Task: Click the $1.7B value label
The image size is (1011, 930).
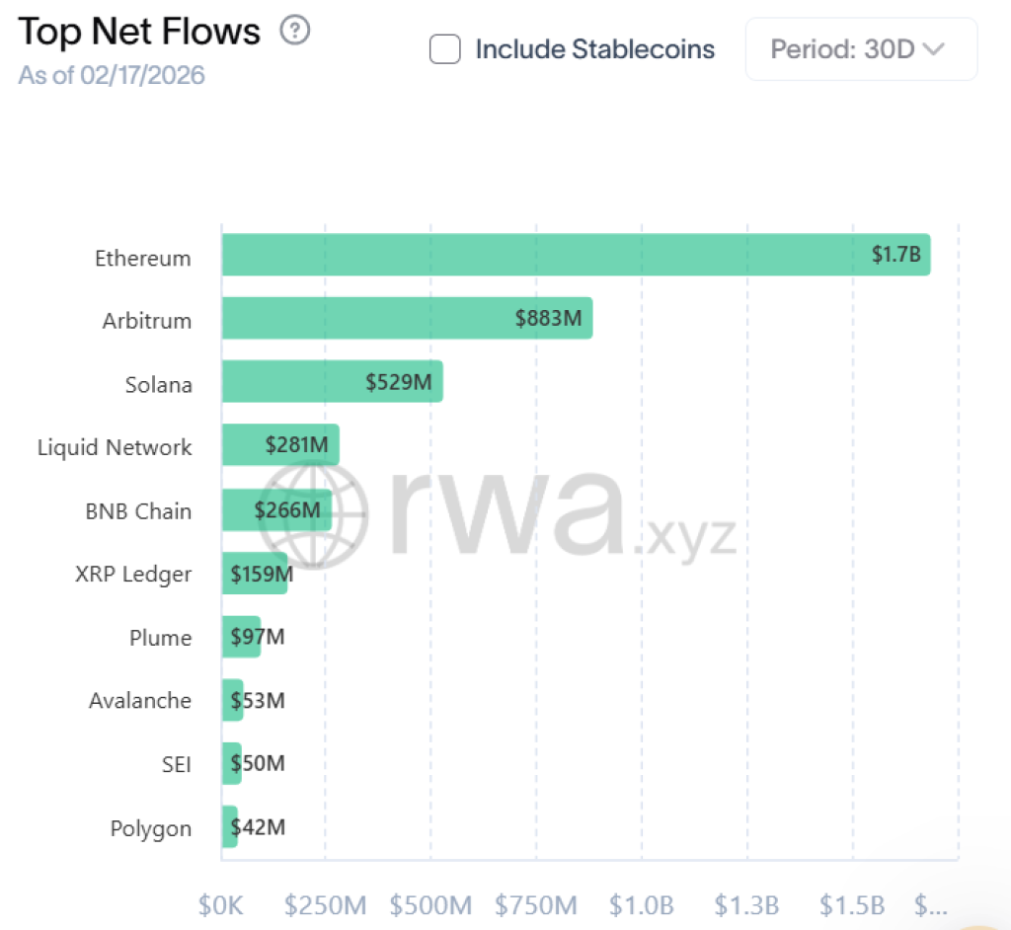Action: pyautogui.click(x=895, y=255)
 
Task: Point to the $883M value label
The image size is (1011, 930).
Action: pyautogui.click(x=548, y=318)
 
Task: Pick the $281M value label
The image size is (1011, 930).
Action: pyautogui.click(x=296, y=444)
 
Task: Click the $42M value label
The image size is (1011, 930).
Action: pyautogui.click(x=258, y=826)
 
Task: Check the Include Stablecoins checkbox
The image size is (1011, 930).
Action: pyautogui.click(x=445, y=49)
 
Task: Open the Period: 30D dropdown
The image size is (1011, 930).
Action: pyautogui.click(x=861, y=49)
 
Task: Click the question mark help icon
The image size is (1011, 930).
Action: pyautogui.click(x=295, y=31)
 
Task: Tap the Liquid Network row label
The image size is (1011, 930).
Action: pyautogui.click(x=115, y=447)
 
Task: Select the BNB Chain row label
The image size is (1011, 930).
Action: pyautogui.click(x=138, y=511)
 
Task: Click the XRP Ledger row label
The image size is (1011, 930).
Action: pyautogui.click(x=133, y=574)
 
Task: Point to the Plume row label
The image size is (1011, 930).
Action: pyautogui.click(x=160, y=637)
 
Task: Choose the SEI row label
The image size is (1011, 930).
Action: pyautogui.click(x=176, y=763)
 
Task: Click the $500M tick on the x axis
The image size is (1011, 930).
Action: pyautogui.click(x=430, y=904)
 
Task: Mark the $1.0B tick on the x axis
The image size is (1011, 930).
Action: pyautogui.click(x=641, y=904)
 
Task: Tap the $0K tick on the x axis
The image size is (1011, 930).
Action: pyautogui.click(x=221, y=904)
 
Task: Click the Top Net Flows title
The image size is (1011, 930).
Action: pyautogui.click(x=139, y=32)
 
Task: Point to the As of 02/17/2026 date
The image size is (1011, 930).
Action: pyautogui.click(x=112, y=75)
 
